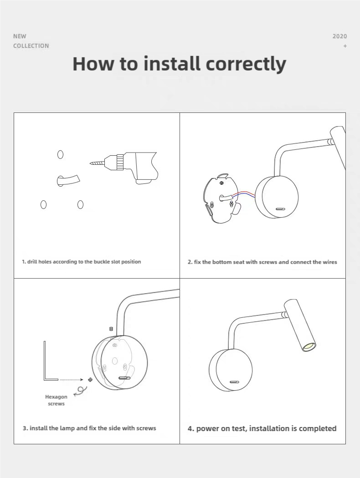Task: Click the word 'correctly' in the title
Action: click(246, 64)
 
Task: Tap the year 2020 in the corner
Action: click(339, 36)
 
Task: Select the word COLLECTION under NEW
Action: click(31, 46)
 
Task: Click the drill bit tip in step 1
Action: click(91, 164)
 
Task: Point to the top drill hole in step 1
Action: click(61, 155)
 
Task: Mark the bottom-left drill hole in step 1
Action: click(43, 204)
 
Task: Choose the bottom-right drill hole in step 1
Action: click(80, 204)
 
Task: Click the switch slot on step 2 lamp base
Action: click(280, 209)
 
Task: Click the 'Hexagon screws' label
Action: click(56, 400)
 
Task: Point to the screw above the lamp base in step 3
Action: click(111, 329)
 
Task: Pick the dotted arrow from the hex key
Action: click(71, 380)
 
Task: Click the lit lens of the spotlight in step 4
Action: click(309, 346)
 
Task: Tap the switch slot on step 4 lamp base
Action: click(234, 382)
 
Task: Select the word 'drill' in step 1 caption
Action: click(32, 262)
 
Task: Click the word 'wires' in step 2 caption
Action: click(330, 262)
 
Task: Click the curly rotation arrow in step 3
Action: click(80, 391)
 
